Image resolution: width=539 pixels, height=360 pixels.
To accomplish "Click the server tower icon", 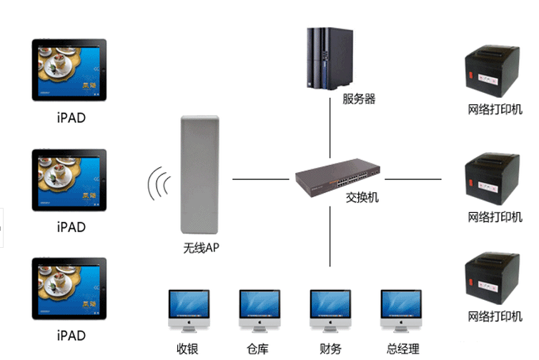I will (x=330, y=58).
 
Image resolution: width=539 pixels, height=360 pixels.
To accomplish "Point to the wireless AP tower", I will (x=199, y=176).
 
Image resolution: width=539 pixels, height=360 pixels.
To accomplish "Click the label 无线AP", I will (x=201, y=248).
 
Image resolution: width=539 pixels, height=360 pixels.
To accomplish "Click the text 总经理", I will (x=402, y=349).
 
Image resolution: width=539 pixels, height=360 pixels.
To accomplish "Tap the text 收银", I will (x=187, y=349).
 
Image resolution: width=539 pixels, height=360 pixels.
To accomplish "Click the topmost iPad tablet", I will (x=69, y=70).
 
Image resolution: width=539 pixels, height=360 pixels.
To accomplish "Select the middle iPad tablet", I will (x=69, y=180).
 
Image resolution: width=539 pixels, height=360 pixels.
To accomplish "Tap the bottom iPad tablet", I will (x=69, y=289).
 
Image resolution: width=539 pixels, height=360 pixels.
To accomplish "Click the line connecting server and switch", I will (x=330, y=129).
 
